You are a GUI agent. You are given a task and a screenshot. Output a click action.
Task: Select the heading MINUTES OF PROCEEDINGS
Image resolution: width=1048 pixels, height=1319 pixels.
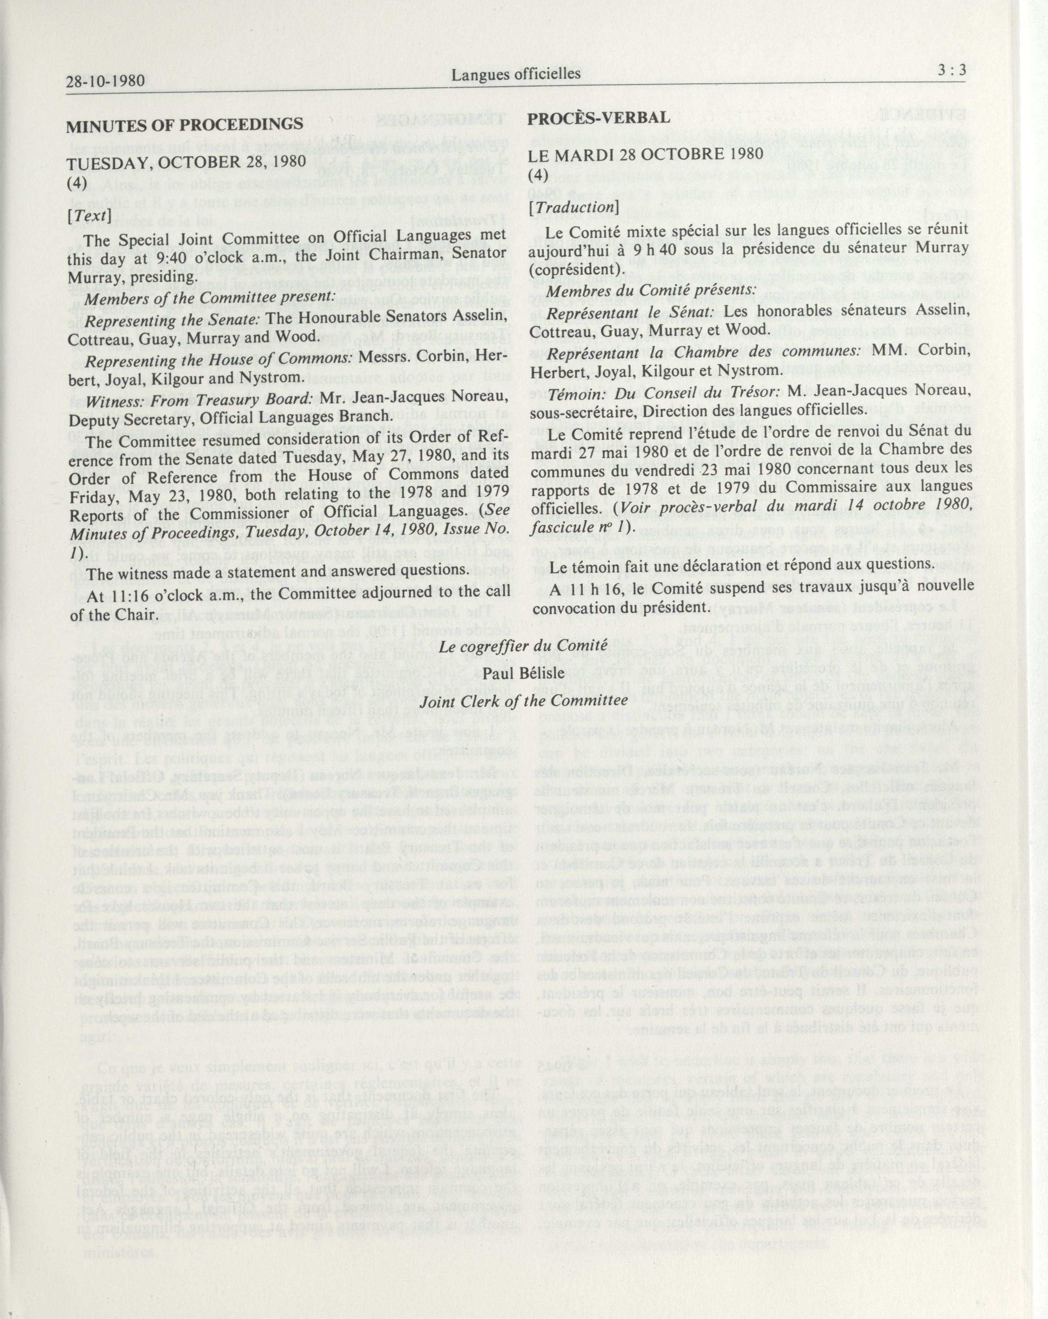point(185,124)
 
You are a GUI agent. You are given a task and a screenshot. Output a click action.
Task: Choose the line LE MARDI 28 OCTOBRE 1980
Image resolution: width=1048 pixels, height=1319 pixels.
point(646,154)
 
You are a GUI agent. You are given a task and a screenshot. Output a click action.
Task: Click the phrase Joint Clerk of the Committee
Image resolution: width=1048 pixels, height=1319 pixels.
point(523,701)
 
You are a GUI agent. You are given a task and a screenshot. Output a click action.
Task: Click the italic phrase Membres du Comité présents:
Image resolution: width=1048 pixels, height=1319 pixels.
point(651,290)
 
